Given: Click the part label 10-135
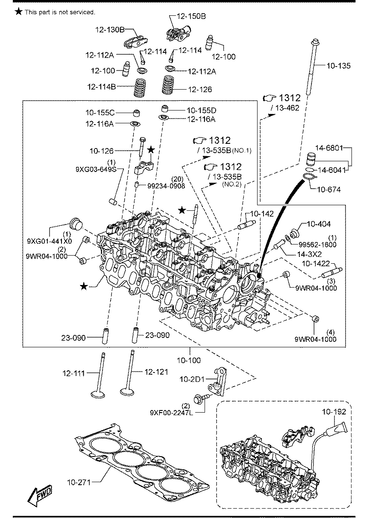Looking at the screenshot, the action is (x=338, y=66).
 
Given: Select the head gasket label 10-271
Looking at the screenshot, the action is (x=79, y=483).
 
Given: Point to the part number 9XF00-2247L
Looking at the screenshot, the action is (x=171, y=413).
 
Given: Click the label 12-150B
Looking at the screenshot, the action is (x=191, y=16).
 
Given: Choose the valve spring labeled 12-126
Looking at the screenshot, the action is (x=168, y=85).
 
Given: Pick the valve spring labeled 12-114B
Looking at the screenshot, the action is (x=140, y=87).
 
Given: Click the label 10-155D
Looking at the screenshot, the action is (x=202, y=111).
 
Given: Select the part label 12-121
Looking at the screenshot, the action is (x=156, y=372).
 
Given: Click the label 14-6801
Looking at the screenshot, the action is (x=329, y=148).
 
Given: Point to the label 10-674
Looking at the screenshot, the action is (x=329, y=189).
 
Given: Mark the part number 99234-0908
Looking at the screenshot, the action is (x=166, y=186).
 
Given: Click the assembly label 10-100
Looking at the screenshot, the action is (x=189, y=360).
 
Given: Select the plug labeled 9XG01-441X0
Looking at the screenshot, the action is (x=76, y=224).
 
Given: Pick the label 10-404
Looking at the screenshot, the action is (x=319, y=224).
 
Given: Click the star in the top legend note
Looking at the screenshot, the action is (x=18, y=11).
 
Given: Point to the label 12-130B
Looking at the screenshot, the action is (x=110, y=29).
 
